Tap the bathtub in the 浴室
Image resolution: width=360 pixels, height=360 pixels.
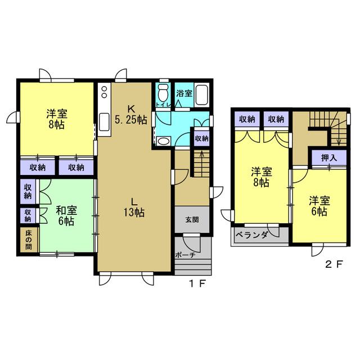[x=202, y=95]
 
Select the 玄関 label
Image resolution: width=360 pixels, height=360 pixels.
[x=192, y=220]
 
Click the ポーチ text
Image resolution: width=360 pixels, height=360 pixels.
[x=185, y=255]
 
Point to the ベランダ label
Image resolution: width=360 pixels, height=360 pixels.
[x=251, y=235]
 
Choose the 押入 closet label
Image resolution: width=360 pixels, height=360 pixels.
[x=329, y=157]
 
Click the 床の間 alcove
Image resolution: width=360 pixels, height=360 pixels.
[x=28, y=240]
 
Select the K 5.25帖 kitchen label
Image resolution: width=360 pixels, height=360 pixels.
[x=131, y=114]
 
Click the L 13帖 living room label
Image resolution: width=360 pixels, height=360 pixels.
[x=134, y=208]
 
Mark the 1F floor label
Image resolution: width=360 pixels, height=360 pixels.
[x=197, y=284]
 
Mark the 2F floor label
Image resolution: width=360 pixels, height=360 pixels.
[x=334, y=264]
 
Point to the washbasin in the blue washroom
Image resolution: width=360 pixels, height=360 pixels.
[x=163, y=141]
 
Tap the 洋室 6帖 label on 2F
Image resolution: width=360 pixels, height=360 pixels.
[x=319, y=206]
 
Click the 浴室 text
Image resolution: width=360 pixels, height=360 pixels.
[x=184, y=93]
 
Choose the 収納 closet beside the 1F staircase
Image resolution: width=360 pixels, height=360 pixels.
[x=201, y=138]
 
